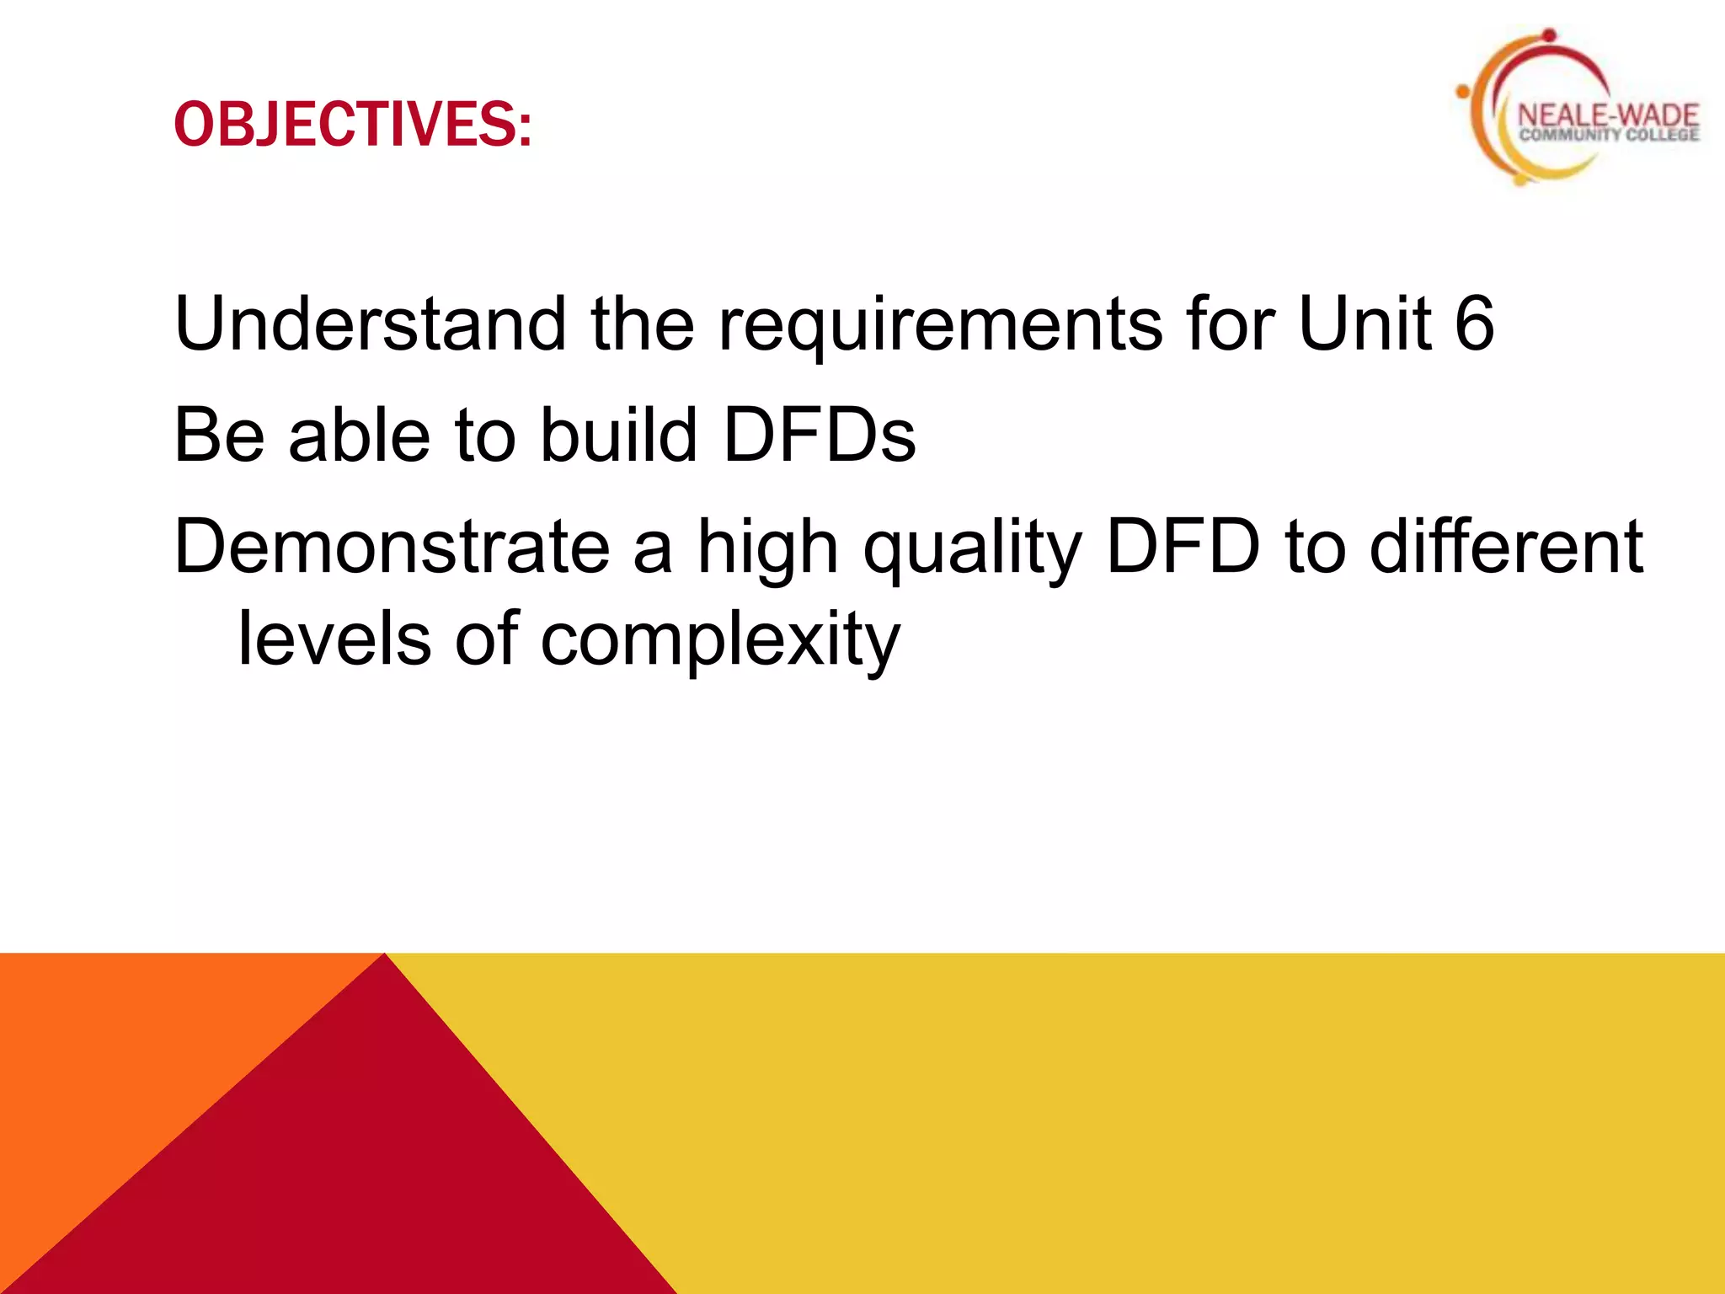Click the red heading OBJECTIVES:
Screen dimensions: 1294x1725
pos(353,125)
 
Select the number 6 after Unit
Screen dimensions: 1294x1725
pos(1474,323)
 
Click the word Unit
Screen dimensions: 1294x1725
pos(1365,323)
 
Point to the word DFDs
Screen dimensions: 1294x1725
pos(819,436)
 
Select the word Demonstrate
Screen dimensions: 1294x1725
pos(392,548)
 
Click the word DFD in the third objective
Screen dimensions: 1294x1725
pos(1183,548)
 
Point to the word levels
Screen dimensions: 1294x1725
pos(335,639)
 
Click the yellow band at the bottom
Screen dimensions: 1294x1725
pos(1179,1120)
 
